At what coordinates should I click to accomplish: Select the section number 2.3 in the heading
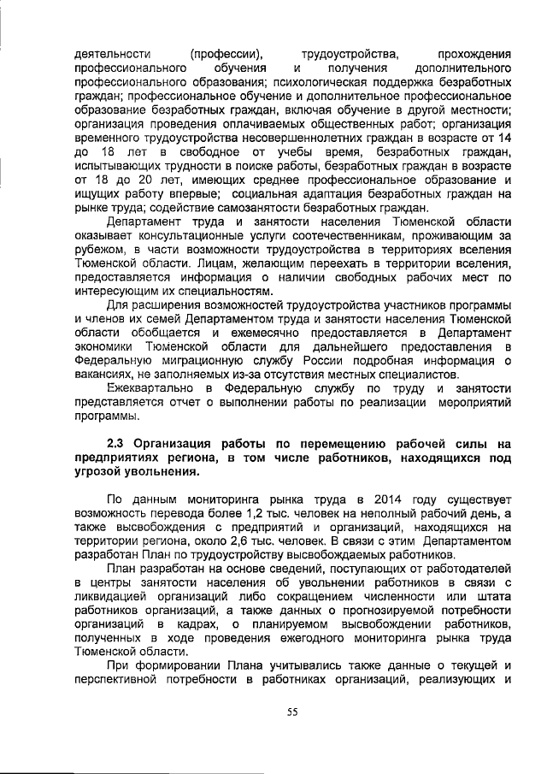point(115,444)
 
